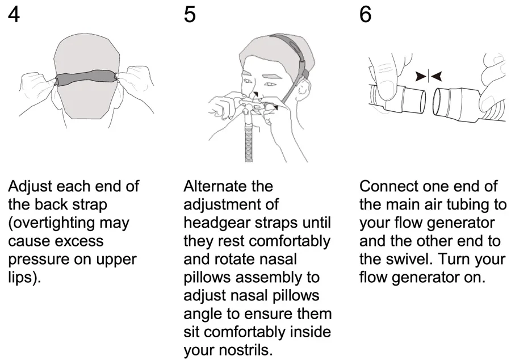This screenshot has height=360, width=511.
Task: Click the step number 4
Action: tap(14, 15)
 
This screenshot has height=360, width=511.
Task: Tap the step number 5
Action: tap(190, 15)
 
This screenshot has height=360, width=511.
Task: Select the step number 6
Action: tap(366, 15)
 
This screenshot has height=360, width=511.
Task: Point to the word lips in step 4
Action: tap(22, 278)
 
